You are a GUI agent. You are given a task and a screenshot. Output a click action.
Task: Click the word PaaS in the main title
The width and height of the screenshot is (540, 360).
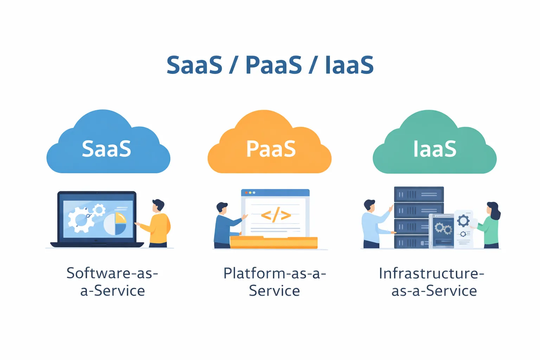[274, 65]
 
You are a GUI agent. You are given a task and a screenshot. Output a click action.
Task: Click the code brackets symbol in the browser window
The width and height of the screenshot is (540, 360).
[276, 215]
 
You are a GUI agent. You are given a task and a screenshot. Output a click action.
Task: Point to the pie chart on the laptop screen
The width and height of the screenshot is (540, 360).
[115, 224]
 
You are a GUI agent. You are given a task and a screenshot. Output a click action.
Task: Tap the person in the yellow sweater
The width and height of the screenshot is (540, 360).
[158, 225]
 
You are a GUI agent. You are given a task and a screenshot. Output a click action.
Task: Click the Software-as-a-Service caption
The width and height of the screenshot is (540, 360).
[112, 282]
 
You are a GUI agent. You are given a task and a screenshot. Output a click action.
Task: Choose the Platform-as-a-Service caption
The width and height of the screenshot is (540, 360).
[275, 282]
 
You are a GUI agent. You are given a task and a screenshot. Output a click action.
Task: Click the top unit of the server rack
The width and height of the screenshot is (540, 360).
[419, 194]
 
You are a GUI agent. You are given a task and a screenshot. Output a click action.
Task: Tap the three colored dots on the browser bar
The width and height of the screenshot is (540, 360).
[250, 193]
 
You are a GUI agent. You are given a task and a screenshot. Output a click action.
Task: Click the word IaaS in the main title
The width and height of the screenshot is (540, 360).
[349, 65]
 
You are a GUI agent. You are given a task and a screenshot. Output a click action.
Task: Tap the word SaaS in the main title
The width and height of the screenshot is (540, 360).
[194, 65]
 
